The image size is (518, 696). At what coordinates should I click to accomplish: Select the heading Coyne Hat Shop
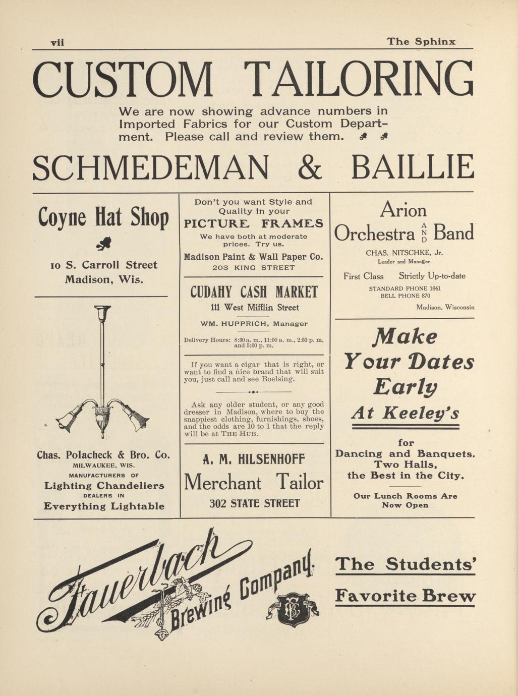[103, 218]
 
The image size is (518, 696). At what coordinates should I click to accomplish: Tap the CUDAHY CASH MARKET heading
[254, 292]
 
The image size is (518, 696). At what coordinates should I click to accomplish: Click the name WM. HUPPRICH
[231, 324]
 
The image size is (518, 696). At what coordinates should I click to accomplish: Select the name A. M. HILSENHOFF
[254, 459]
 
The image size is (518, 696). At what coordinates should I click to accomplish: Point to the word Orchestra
[375, 234]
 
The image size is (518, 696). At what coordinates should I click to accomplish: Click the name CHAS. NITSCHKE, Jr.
[404, 253]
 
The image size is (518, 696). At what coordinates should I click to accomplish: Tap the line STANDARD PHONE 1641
[405, 288]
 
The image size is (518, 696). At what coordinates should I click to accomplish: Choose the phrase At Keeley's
[406, 414]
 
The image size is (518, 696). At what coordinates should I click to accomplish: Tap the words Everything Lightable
[104, 506]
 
